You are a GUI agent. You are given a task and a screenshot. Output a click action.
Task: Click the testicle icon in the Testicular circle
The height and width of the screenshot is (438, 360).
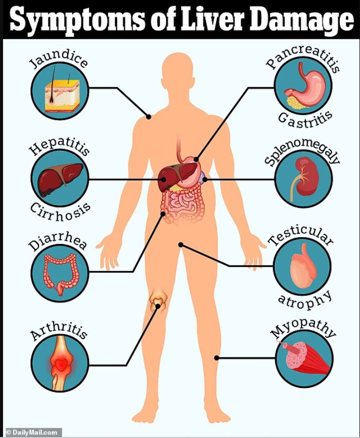[x=302, y=265]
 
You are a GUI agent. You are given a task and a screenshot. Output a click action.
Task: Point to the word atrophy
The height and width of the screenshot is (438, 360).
[x=305, y=298]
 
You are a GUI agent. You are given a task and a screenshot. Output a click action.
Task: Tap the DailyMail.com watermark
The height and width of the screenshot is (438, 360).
[x=31, y=432]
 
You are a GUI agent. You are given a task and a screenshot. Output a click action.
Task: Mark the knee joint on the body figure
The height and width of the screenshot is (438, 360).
[x=158, y=302]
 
